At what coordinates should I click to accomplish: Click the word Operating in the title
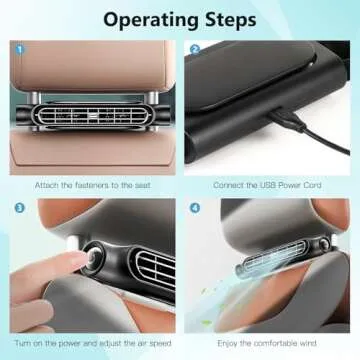pyautogui.click(x=150, y=20)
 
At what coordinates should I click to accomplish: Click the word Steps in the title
pyautogui.click(x=232, y=20)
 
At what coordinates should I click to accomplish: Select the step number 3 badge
pyautogui.click(x=19, y=209)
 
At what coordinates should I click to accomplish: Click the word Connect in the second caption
pyautogui.click(x=229, y=184)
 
